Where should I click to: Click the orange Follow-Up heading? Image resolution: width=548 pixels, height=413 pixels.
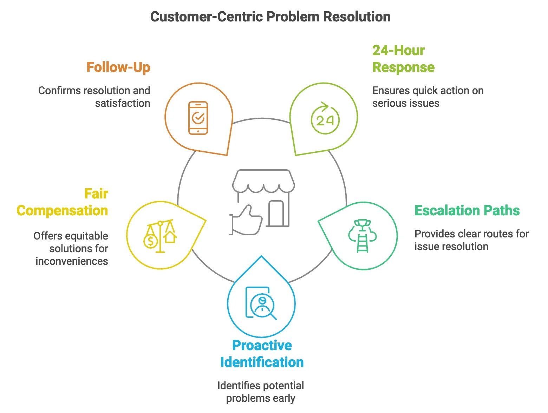tap(118, 67)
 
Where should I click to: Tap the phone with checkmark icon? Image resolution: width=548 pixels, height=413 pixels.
tap(198, 118)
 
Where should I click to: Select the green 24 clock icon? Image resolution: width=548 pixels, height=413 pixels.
tap(325, 119)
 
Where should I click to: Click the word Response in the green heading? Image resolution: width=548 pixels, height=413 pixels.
tap(403, 67)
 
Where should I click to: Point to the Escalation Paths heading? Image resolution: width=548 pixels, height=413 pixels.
tap(467, 210)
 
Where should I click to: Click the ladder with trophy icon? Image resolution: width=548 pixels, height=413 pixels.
tap(363, 236)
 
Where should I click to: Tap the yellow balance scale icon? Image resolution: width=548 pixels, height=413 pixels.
tap(161, 236)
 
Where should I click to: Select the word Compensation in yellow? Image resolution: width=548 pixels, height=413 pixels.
tap(62, 210)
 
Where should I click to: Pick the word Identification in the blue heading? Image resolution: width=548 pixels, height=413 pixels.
tap(262, 362)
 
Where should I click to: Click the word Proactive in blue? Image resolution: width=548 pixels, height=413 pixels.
tap(262, 345)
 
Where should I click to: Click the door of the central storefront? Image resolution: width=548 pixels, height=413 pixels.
tap(276, 213)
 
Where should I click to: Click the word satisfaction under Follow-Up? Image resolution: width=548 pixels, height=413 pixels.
tap(123, 103)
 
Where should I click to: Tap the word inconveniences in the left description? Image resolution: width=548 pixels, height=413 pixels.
tap(72, 261)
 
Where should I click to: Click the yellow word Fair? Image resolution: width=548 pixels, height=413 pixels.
tap(96, 194)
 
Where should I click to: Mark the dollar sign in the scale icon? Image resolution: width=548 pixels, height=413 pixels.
tap(151, 241)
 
